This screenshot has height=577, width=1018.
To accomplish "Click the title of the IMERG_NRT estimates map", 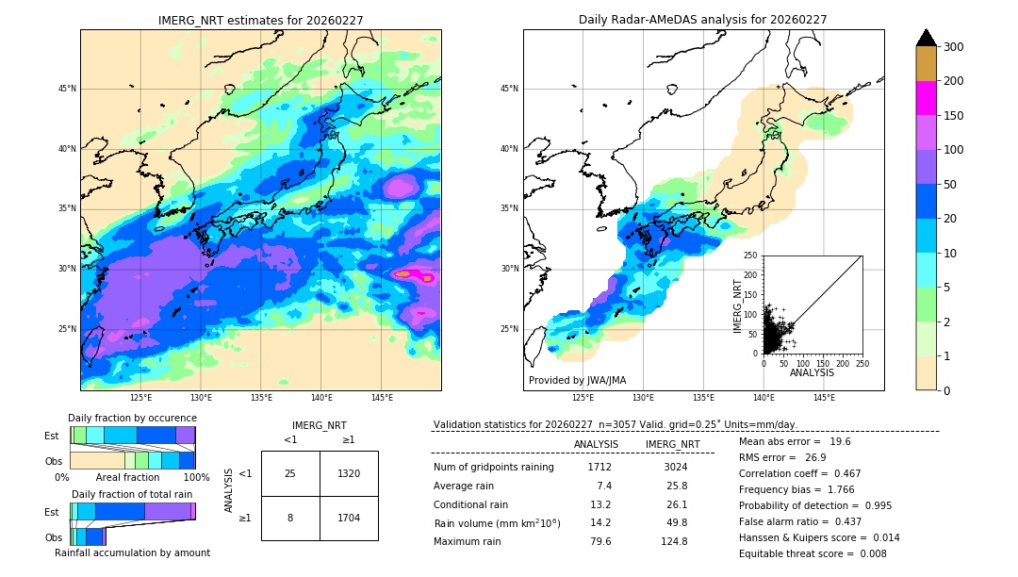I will (x=260, y=20).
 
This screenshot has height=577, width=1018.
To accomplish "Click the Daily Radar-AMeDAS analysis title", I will (x=702, y=20).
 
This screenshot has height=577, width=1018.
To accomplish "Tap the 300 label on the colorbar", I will (x=955, y=46).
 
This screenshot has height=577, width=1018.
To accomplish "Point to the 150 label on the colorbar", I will (x=955, y=116).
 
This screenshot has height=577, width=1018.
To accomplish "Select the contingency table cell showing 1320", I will (x=349, y=473).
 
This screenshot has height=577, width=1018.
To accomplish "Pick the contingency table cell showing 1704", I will (x=349, y=518).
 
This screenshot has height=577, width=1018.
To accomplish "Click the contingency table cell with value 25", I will (x=290, y=473).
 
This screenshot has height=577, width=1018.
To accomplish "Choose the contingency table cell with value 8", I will (x=290, y=518).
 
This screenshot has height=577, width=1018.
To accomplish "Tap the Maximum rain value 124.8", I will (x=672, y=541).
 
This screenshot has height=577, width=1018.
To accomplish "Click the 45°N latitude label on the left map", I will (x=67, y=89).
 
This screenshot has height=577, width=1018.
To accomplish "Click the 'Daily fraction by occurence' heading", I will (x=132, y=418).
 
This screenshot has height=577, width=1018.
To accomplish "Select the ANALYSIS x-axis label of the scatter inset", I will (x=812, y=372).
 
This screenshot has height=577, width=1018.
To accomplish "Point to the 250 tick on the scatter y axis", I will (x=751, y=256).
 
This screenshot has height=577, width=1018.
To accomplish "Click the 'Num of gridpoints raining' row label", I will (x=494, y=467).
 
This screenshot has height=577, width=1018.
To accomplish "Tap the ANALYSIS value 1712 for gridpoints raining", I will (x=599, y=467).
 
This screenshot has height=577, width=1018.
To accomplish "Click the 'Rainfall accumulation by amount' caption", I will (x=132, y=552).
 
